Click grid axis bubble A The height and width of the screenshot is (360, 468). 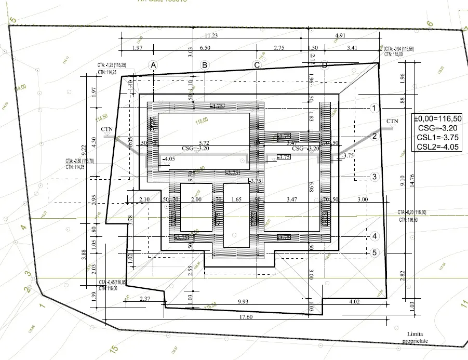[x=153, y=65]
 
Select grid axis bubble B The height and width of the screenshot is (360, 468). [x=205, y=65]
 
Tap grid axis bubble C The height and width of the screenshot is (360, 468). [x=256, y=65]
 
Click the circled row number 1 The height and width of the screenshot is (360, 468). [x=373, y=108]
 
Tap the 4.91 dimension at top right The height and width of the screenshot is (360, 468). [x=340, y=35]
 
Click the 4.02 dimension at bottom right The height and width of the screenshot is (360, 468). [x=355, y=301]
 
